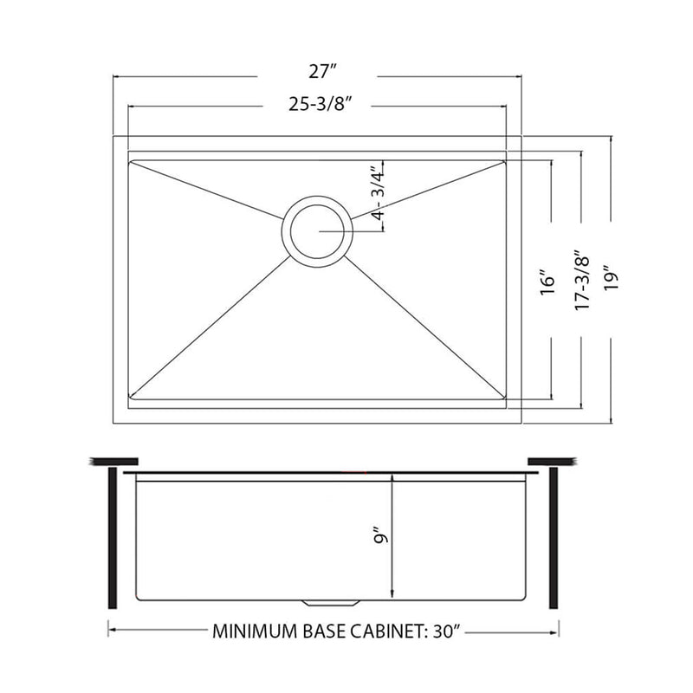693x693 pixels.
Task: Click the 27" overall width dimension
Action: pos(316,77)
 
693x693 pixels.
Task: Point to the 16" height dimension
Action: pos(546,282)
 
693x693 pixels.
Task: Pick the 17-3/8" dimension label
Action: pos(580,282)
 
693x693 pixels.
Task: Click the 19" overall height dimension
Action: pos(612,282)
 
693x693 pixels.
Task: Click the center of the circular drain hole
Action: pos(316,231)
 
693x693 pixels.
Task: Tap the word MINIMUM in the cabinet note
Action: pos(251,631)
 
